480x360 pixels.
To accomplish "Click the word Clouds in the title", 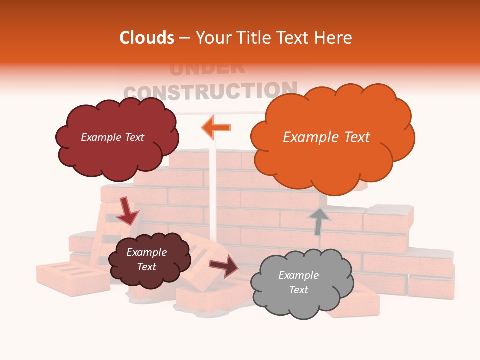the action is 146,38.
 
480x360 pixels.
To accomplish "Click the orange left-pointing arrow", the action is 216,127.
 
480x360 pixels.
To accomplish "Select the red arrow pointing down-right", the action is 127,211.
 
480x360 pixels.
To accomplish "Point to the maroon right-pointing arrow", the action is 224,265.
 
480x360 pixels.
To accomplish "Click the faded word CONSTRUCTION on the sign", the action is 210,91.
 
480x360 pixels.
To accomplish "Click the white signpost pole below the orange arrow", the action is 213,190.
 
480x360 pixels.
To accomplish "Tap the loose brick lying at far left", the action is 72,277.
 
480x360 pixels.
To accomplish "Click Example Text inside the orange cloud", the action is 326,137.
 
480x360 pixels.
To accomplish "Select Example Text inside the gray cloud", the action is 298,282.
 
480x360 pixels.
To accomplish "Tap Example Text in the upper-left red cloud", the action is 112,137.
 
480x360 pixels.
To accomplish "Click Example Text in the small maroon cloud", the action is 146,259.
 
